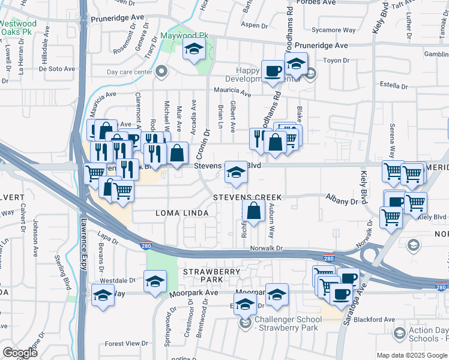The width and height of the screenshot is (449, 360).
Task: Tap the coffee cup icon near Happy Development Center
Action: (273, 71)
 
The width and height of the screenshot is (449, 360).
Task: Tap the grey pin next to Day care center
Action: (161, 73)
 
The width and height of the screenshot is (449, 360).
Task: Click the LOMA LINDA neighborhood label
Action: (182, 213)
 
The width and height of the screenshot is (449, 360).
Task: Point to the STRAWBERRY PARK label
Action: (203, 276)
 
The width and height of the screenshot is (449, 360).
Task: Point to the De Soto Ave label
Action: (57, 69)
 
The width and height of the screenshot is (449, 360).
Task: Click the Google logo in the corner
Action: (20, 353)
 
